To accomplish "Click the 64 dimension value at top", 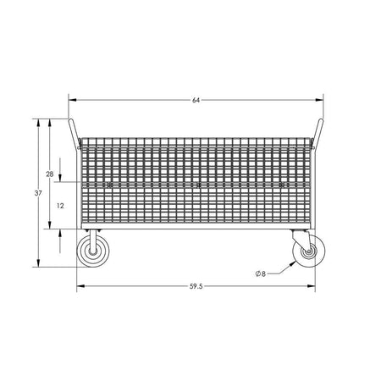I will coord(196,101).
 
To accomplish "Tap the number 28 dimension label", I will coord(50,174).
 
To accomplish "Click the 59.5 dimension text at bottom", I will coord(196,285).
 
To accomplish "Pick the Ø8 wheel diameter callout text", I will coord(261,273).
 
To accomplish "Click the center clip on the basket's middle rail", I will coord(197,185).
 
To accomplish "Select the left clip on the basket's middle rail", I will coord(109,185).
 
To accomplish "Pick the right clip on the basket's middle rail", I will coord(284,185).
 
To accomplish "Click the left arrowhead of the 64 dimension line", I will coord(71,101).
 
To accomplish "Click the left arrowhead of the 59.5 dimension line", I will coord(80,285).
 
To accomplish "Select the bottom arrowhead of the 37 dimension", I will coord(39,264).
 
